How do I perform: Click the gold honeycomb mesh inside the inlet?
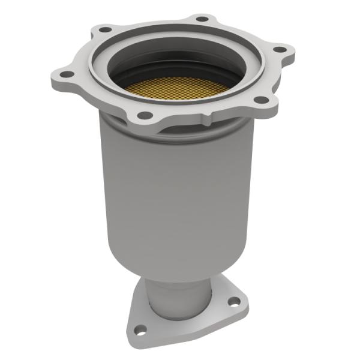click(x=177, y=87)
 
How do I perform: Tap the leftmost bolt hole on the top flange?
click(x=68, y=74)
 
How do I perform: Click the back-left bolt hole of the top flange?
click(x=106, y=29)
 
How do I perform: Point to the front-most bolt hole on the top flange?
click(x=144, y=115)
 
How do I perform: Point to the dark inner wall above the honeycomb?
click(x=180, y=66)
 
